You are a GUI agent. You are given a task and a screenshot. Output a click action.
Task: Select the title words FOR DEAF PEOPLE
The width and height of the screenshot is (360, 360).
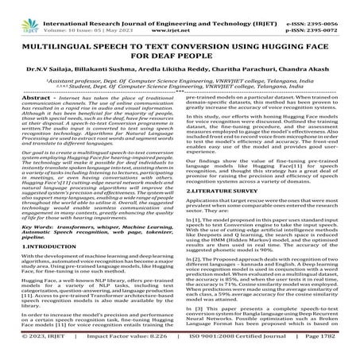click(x=180, y=45)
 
